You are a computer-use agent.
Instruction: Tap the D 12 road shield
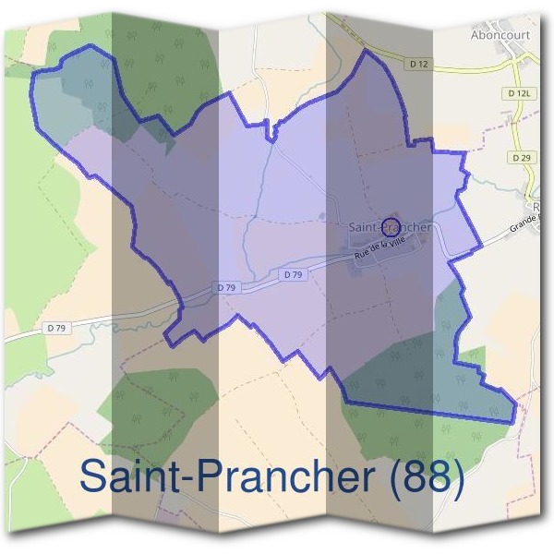pyautogui.click(x=417, y=63)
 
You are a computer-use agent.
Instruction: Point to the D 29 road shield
pyautogui.click(x=521, y=158)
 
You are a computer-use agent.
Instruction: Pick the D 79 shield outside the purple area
pyautogui.click(x=57, y=327)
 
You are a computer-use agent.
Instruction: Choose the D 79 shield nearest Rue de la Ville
pyautogui.click(x=294, y=275)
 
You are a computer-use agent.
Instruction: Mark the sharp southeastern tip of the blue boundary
pyautogui.click(x=512, y=424)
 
